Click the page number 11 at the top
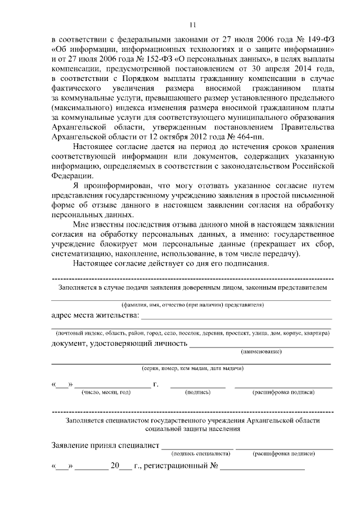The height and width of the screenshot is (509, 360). pyautogui.click(x=192, y=24)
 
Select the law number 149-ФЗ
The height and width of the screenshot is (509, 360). pyautogui.click(x=318, y=40)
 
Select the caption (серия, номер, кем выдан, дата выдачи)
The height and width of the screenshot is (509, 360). pyautogui.click(x=192, y=370)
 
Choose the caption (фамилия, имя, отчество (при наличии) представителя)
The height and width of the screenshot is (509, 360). pyautogui.click(x=192, y=305)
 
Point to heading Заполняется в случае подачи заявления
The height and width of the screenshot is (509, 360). pyautogui.click(x=192, y=288)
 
